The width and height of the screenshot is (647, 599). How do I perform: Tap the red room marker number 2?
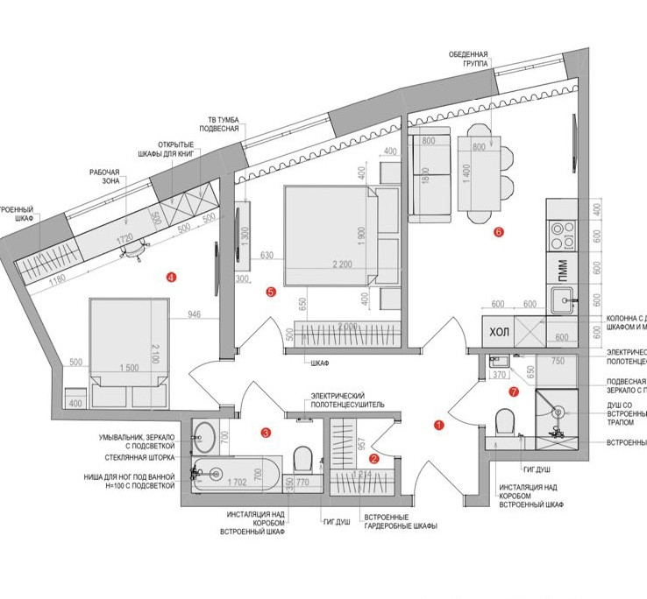click(373, 458)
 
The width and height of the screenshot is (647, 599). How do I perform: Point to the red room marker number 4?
click(171, 278)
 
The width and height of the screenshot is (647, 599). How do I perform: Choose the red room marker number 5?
click(270, 292)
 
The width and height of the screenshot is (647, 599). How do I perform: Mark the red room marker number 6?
click(499, 233)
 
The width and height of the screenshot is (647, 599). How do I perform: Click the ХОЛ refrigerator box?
click(499, 332)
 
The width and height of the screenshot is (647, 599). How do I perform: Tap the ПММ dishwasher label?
click(562, 269)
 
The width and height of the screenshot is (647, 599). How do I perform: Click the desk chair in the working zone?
click(136, 250)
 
